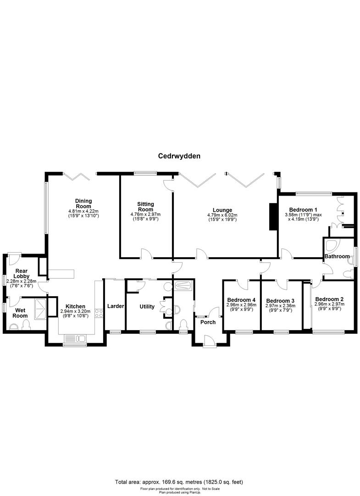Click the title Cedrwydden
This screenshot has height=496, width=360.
[179, 156]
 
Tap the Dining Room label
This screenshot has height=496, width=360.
[84, 203]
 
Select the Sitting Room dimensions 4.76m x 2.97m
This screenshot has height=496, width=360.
[145, 214]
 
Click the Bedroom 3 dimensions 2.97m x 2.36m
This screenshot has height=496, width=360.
[280, 305]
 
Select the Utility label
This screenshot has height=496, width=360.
[147, 306]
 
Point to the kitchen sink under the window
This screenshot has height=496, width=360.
[75, 339]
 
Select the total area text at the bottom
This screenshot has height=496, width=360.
[179, 482]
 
